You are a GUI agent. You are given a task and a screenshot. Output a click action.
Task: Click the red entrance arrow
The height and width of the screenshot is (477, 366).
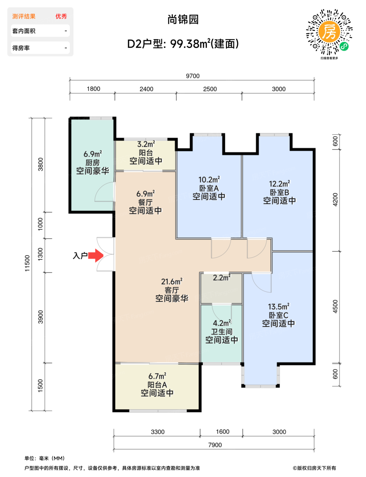click(96, 256)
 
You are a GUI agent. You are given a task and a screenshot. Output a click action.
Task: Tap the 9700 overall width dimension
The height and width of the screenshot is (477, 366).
click(193, 76)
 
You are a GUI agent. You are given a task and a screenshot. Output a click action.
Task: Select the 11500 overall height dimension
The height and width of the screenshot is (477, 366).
click(27, 263)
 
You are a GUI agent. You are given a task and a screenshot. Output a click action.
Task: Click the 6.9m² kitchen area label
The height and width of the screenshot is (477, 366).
click(93, 154)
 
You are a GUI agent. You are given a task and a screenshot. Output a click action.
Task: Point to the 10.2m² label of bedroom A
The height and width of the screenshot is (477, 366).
click(209, 180)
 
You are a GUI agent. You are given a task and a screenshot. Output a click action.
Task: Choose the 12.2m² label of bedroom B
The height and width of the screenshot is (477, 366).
click(279, 184)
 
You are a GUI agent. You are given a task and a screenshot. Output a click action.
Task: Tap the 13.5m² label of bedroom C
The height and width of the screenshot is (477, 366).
click(279, 306)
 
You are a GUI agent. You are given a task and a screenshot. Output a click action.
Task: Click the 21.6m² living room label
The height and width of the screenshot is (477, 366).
click(172, 281)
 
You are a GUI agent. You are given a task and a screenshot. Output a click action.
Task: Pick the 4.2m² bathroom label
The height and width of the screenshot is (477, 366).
click(222, 323)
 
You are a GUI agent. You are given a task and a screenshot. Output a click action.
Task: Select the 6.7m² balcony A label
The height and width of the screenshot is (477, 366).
click(157, 376)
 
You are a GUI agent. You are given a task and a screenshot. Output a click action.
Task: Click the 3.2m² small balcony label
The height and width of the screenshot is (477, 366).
click(146, 144)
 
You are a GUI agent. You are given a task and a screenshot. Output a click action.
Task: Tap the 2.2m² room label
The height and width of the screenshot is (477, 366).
click(222, 278)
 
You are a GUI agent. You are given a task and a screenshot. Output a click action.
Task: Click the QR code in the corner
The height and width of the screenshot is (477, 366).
click(329, 32)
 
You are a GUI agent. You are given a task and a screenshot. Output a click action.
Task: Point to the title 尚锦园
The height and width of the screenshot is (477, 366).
click(183, 19)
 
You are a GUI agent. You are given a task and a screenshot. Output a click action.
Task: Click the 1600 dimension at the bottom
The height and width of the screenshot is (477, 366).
click(223, 432)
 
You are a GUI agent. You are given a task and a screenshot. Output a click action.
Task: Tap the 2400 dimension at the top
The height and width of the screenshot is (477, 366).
click(146, 89)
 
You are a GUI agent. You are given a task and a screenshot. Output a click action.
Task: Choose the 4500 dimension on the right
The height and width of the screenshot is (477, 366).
click(335, 306)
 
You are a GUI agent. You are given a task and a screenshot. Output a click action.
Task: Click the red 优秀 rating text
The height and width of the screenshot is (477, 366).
click(61, 16)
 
